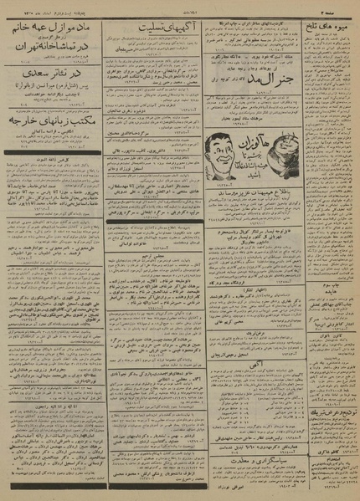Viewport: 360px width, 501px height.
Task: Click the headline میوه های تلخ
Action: point(326,28)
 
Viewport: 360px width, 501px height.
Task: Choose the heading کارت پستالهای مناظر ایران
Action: point(251,19)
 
